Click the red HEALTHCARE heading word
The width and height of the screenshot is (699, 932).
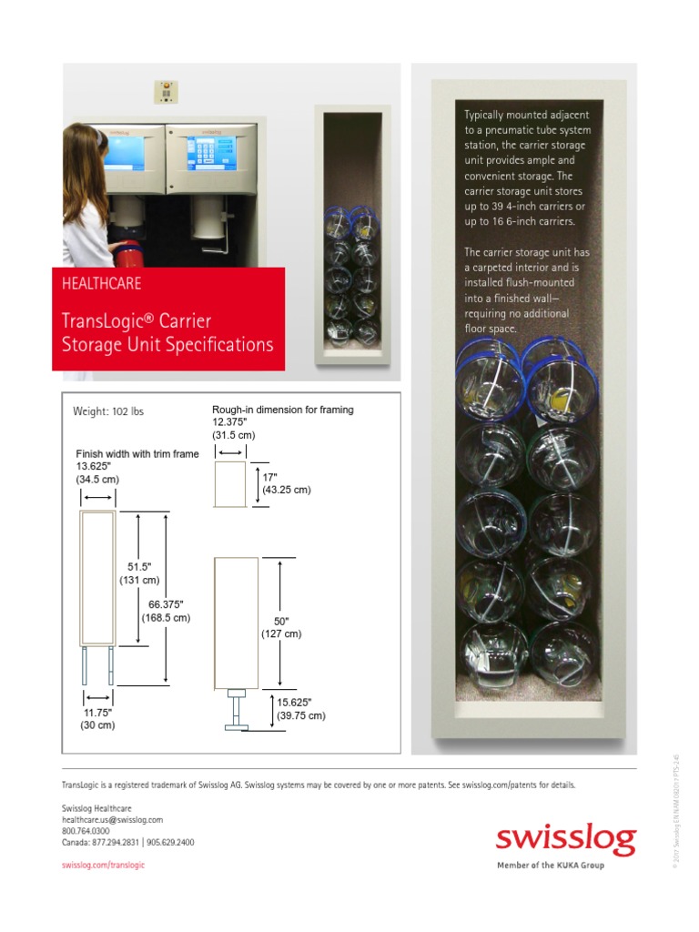(101, 283)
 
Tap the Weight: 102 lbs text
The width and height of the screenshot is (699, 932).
(108, 411)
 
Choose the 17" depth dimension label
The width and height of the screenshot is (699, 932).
(269, 476)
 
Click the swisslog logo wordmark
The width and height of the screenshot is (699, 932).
(565, 838)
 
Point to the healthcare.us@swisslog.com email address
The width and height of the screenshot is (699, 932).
(112, 820)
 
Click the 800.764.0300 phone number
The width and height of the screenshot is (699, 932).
(86, 831)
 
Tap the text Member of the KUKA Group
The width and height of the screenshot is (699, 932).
(550, 866)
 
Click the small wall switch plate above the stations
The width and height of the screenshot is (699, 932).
(165, 92)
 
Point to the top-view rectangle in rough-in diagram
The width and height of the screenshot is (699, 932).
(231, 484)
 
